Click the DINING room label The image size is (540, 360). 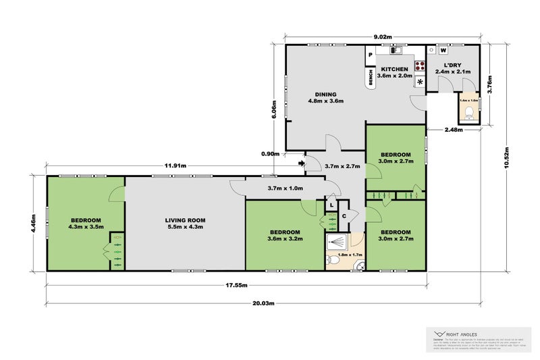coord(326,94)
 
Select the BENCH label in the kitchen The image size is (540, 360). coord(371,78)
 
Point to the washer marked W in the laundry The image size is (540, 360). coord(443,50)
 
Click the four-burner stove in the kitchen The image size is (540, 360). coord(419,66)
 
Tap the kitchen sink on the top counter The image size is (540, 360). coord(396,50)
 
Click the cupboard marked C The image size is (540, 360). coord(344,216)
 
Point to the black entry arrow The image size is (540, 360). coord(300,162)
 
